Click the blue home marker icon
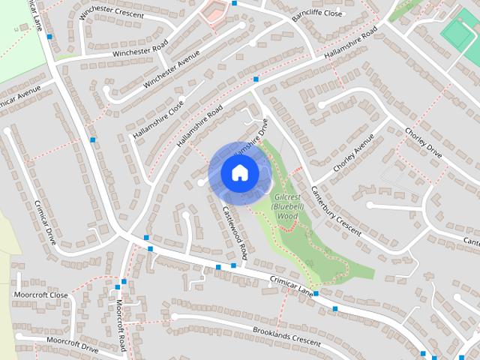point(239,172)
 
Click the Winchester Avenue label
point(172,68)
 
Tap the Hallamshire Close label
point(157,119)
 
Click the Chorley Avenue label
point(352,154)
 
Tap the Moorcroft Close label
point(40,295)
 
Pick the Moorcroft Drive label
point(72,344)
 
